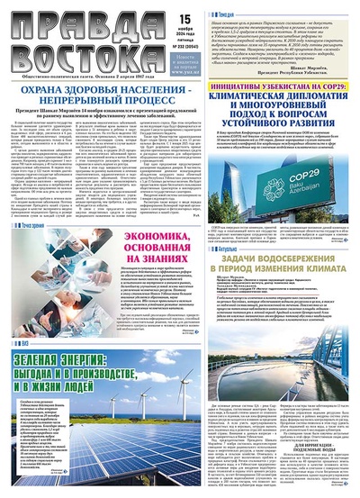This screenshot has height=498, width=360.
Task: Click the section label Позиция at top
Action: pyautogui.click(x=202, y=7)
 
